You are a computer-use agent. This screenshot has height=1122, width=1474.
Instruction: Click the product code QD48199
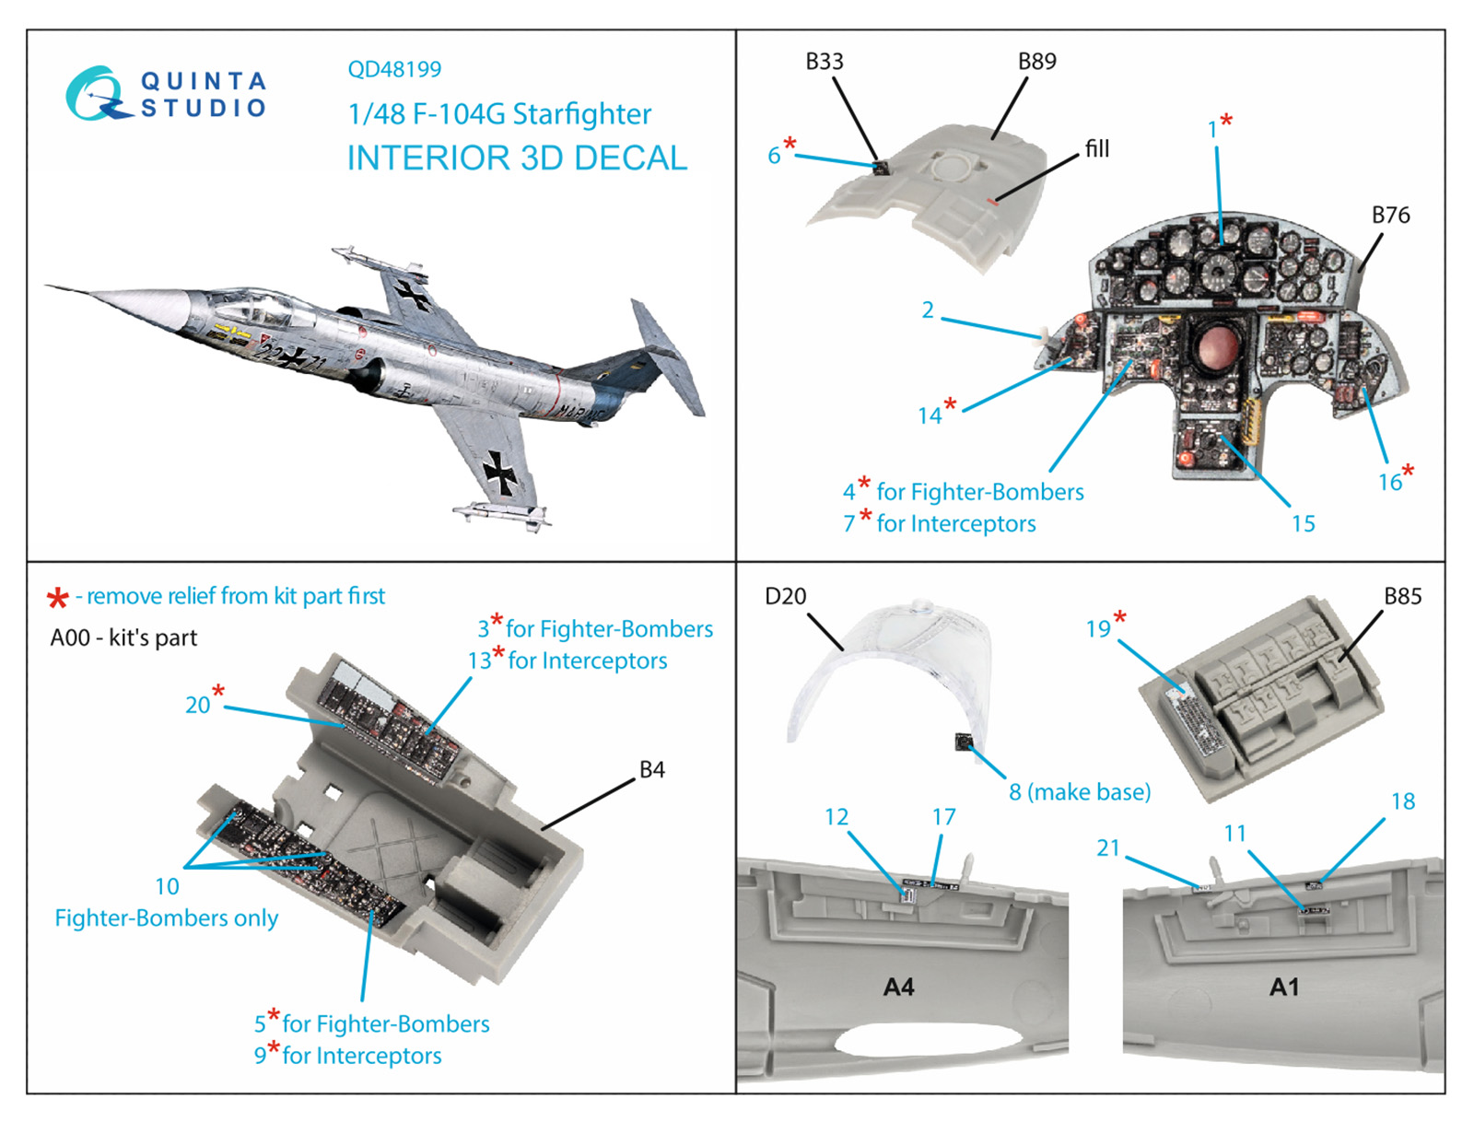coord(394,69)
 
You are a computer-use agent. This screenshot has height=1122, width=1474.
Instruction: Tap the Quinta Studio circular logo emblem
coord(98,93)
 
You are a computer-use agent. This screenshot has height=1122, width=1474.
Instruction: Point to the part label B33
coord(824,62)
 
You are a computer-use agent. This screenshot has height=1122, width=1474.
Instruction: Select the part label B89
coord(1036,62)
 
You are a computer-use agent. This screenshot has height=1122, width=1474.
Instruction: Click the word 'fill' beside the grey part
coord(1097,148)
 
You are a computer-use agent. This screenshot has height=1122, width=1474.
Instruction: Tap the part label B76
coord(1390,215)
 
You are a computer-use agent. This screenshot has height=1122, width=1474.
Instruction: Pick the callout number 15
coord(1303,524)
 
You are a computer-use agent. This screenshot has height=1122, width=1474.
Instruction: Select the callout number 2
coord(928,310)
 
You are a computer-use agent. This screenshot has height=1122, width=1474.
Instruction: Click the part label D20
coord(785,596)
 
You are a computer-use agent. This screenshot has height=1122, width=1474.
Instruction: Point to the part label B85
coord(1403,596)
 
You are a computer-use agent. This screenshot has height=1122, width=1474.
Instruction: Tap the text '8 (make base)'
coord(1080,792)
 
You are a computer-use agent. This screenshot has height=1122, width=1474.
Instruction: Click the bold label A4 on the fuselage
coord(898,987)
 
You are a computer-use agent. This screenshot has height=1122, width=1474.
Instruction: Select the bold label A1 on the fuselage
coord(1284,987)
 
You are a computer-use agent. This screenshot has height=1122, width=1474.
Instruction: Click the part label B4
coord(651,769)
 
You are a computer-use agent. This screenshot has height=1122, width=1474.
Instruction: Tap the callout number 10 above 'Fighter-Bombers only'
coord(168,886)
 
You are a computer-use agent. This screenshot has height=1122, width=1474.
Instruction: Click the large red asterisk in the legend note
coord(58,598)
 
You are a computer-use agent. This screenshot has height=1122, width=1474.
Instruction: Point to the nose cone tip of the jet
coord(46,286)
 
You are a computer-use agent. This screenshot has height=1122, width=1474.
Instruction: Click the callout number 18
coord(1403,801)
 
